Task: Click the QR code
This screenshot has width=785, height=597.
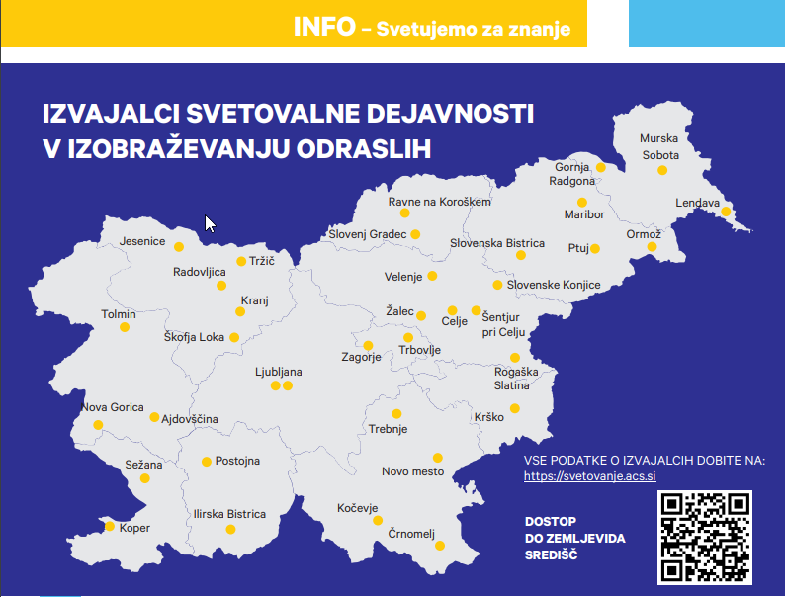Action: click(x=704, y=537)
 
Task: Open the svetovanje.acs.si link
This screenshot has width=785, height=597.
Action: click(x=590, y=476)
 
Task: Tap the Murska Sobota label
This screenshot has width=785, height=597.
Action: click(x=659, y=147)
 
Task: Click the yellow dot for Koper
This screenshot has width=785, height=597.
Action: click(x=109, y=526)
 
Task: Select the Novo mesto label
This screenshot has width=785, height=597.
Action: click(x=412, y=471)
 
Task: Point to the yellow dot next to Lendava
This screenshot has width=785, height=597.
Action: click(x=726, y=212)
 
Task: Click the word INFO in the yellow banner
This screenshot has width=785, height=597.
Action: click(x=323, y=27)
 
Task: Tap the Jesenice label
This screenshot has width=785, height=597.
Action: click(x=142, y=240)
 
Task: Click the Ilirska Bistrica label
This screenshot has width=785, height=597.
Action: click(x=229, y=514)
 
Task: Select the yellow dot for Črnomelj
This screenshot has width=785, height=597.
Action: click(x=441, y=544)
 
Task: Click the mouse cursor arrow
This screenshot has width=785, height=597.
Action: click(x=209, y=222)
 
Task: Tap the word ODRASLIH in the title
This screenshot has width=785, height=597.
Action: click(x=344, y=148)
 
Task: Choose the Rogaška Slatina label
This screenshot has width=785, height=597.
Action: click(x=516, y=378)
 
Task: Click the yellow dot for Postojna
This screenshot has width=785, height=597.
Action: click(x=207, y=461)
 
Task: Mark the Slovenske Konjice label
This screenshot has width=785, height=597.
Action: click(x=554, y=285)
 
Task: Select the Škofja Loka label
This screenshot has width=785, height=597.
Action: click(x=194, y=337)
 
